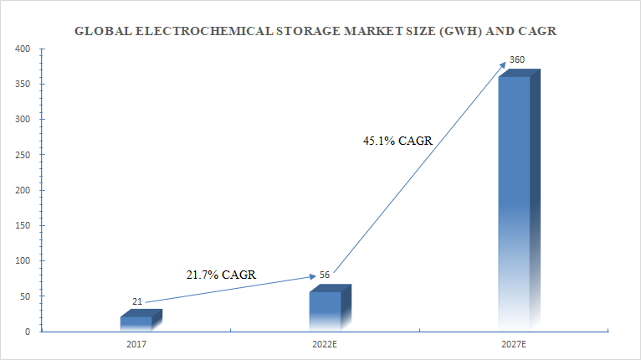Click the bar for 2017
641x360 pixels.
pos(136,322)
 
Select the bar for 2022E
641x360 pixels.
pos(326,310)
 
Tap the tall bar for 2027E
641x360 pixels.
pos(514,201)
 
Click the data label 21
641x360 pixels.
pos(137,301)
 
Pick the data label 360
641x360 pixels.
pos(517,60)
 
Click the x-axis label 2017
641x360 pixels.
pos(136,344)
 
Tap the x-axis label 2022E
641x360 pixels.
pos(325,344)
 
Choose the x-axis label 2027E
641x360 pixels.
pos(515,344)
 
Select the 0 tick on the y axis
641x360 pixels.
pos(28,332)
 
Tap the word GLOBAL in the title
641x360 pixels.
pos(100,32)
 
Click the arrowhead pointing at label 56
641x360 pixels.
pos(312,275)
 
